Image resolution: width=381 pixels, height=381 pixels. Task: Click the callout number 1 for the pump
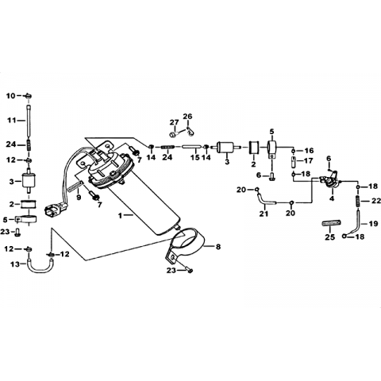(120, 216)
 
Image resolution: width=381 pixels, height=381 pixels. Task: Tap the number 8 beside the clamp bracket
(218, 247)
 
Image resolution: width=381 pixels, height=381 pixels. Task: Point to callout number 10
(11, 95)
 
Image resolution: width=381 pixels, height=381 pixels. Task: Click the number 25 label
(330, 237)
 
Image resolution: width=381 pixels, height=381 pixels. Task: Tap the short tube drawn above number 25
(331, 223)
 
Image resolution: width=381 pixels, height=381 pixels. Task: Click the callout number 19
(373, 224)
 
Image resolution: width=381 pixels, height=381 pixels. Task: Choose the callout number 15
(195, 157)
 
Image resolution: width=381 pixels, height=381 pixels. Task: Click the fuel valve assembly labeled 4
(330, 182)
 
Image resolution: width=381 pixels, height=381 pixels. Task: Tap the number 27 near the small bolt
(175, 122)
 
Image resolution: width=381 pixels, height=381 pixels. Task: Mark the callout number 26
(187, 116)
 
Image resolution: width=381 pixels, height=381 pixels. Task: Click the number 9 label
(79, 198)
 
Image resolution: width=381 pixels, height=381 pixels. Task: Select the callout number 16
(309, 151)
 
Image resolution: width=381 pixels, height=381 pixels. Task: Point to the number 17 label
(309, 160)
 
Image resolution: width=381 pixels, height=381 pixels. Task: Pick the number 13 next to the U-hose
(15, 264)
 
